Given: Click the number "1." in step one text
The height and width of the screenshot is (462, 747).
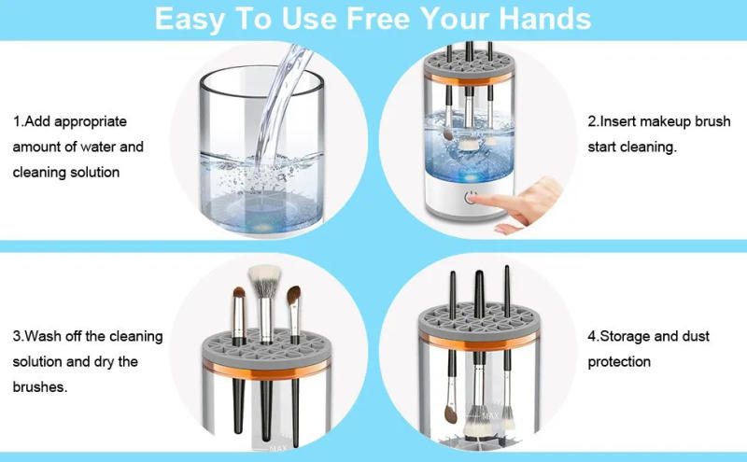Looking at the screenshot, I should point(18,122).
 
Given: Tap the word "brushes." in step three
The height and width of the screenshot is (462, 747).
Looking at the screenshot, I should point(40,386).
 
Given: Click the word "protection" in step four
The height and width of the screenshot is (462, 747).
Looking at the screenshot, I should point(619,361).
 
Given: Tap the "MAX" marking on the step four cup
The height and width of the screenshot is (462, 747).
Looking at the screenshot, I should point(490,415).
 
